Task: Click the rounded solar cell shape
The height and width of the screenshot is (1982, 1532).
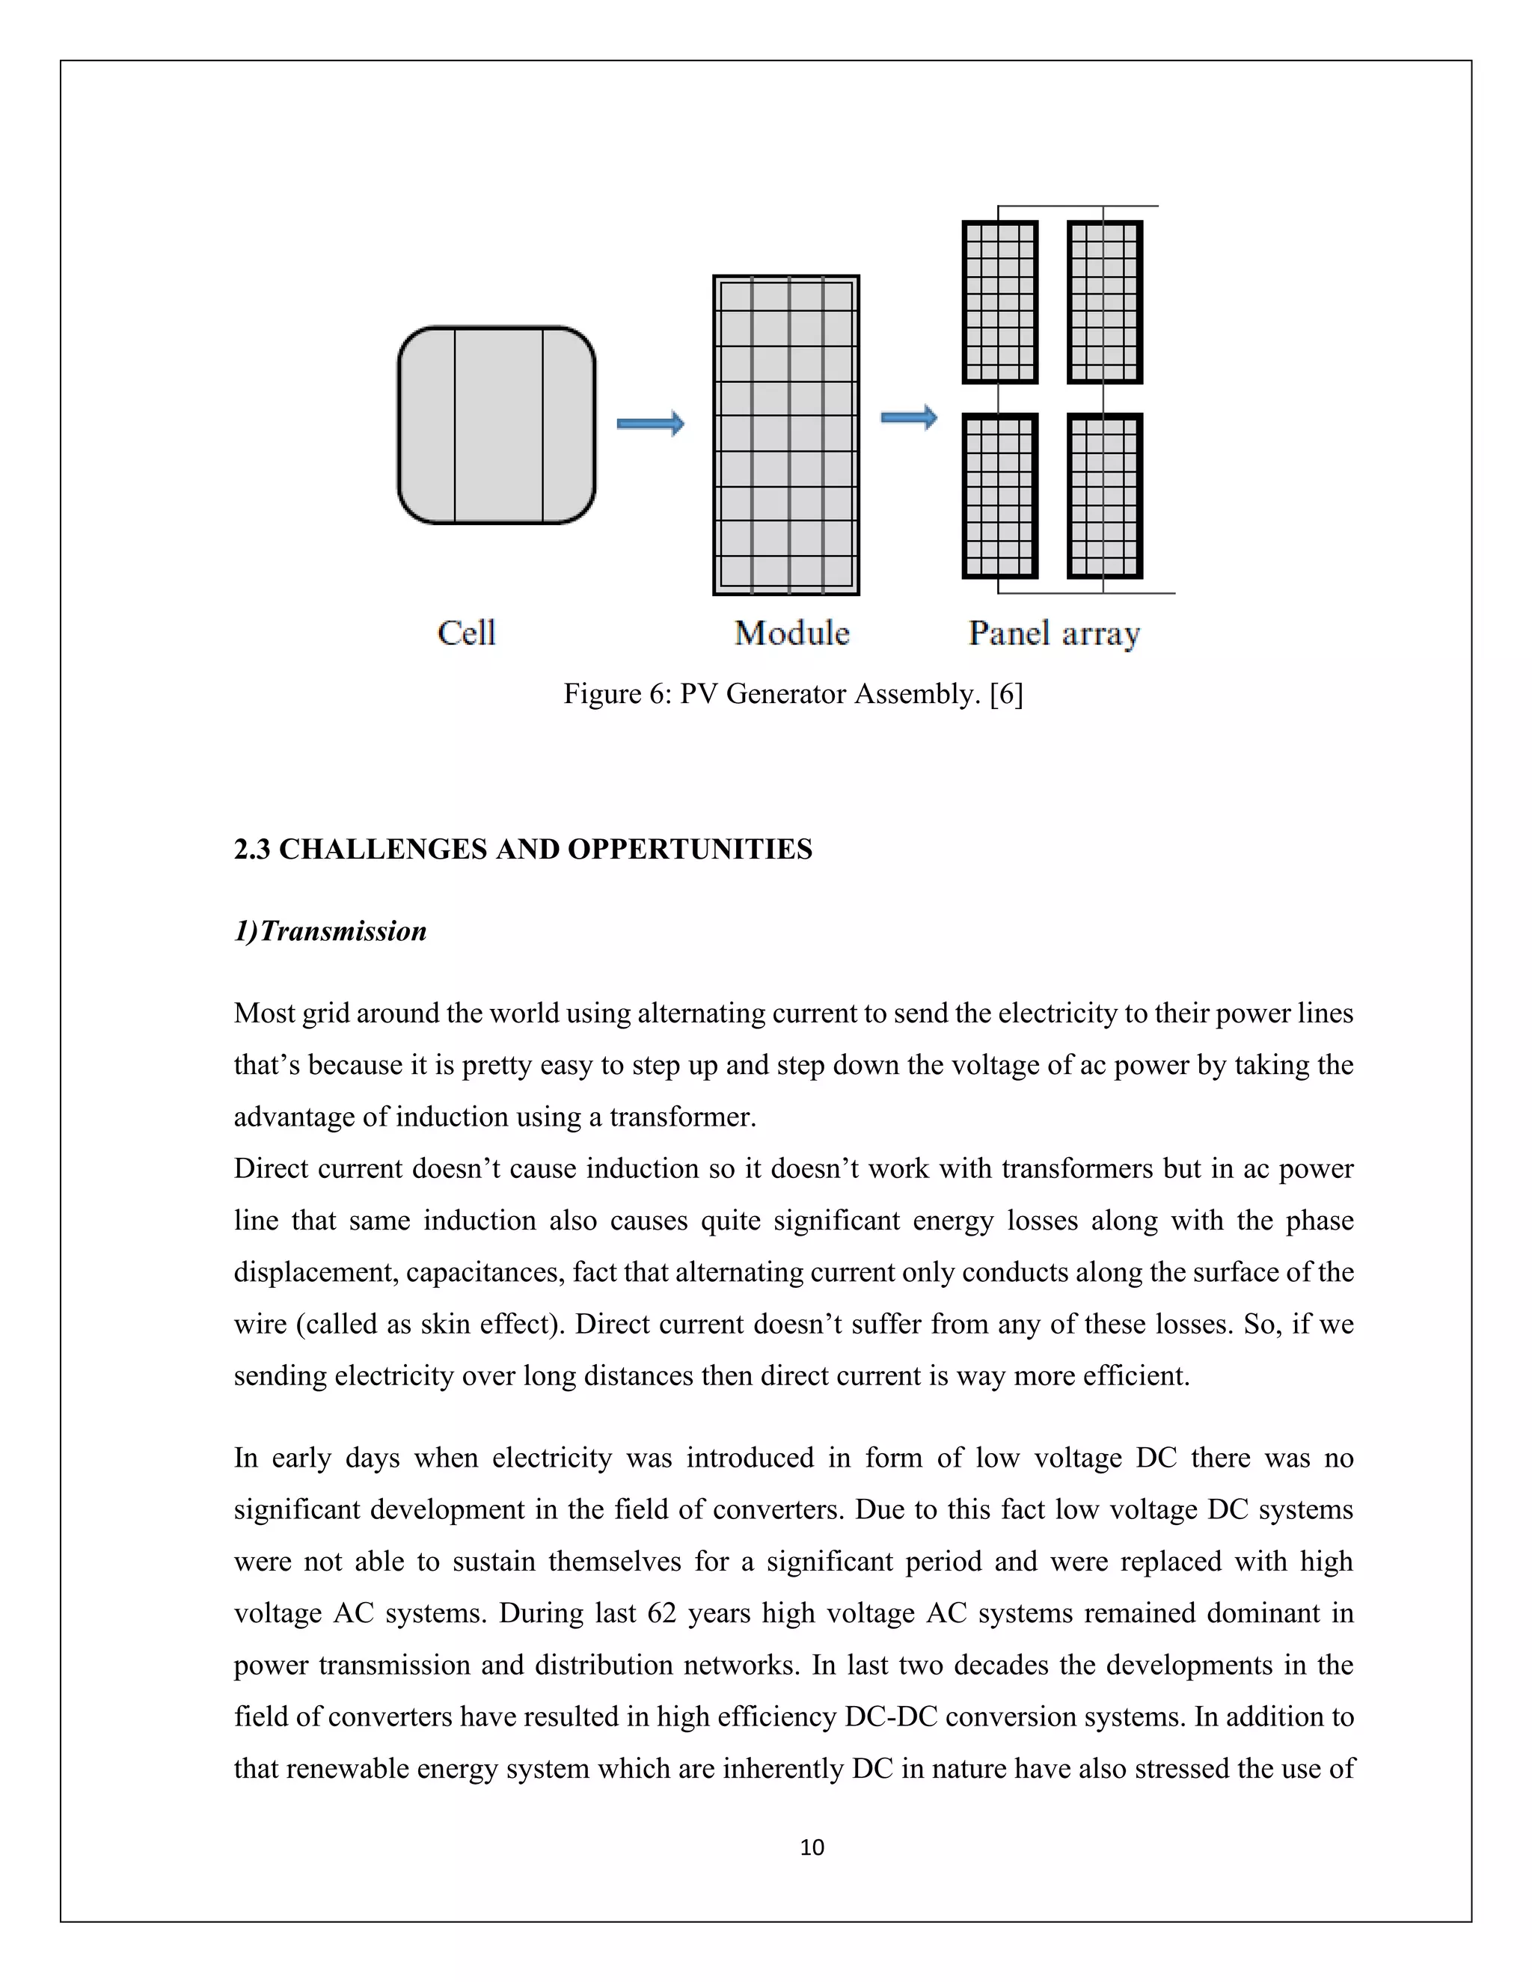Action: point(497,425)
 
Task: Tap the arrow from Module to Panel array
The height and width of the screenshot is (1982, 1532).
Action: point(908,417)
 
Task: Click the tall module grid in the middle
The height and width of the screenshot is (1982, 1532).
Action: point(786,435)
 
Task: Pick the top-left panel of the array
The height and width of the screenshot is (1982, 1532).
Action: point(999,302)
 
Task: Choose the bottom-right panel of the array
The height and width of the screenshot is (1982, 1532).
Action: point(1105,495)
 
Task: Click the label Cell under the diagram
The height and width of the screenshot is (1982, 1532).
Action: point(467,633)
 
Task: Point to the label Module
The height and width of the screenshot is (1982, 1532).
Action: point(791,633)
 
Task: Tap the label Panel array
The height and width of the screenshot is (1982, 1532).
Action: point(1054,633)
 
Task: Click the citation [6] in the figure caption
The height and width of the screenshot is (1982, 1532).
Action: point(1007,693)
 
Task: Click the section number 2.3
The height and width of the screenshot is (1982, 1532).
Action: point(251,849)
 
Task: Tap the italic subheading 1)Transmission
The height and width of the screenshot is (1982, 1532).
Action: point(331,930)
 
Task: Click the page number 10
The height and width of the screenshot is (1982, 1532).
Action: point(812,1847)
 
